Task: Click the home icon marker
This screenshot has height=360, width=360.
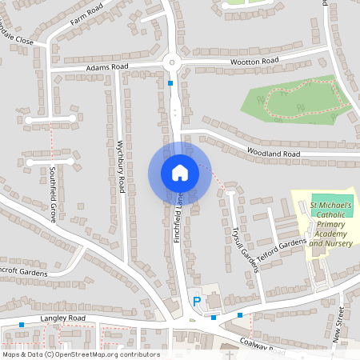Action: (179, 172)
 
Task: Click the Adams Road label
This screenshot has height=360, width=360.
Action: (108, 68)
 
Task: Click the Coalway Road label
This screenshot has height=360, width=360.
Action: (263, 345)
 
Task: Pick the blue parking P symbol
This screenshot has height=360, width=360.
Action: (196, 302)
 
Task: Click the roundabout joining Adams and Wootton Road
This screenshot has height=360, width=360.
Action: (170, 63)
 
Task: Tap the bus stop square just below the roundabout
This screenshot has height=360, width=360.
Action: (170, 82)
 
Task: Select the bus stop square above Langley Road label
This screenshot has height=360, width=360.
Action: (21, 325)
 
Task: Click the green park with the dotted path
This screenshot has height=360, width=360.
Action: (296, 100)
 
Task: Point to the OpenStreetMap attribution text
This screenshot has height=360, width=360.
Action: (80, 354)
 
